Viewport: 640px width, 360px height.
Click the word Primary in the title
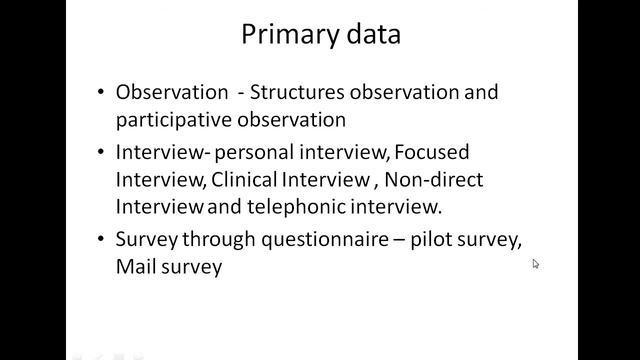[x=288, y=35]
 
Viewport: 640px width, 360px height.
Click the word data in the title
[x=371, y=35]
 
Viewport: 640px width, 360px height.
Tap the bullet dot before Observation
[x=102, y=92]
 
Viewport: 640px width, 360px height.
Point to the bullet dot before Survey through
[x=102, y=242]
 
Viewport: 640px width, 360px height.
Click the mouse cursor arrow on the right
[x=535, y=263]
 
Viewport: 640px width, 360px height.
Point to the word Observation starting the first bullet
[x=172, y=92]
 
